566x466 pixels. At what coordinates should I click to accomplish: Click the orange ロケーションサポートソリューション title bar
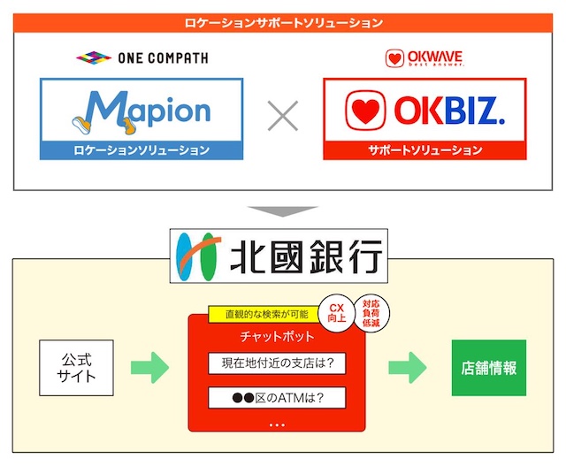coord(283,23)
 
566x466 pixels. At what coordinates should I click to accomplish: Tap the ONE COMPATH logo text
coord(141,58)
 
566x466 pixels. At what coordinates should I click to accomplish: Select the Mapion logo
coord(141,110)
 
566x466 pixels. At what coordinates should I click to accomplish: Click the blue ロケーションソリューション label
coord(141,150)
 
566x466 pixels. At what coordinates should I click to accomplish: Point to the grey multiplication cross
coord(283,117)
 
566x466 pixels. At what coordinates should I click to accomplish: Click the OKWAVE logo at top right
coord(424,59)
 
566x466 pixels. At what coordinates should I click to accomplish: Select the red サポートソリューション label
coord(424,150)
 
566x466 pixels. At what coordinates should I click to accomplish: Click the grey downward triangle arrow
coord(282,213)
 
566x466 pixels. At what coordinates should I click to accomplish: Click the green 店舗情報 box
coord(488,367)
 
